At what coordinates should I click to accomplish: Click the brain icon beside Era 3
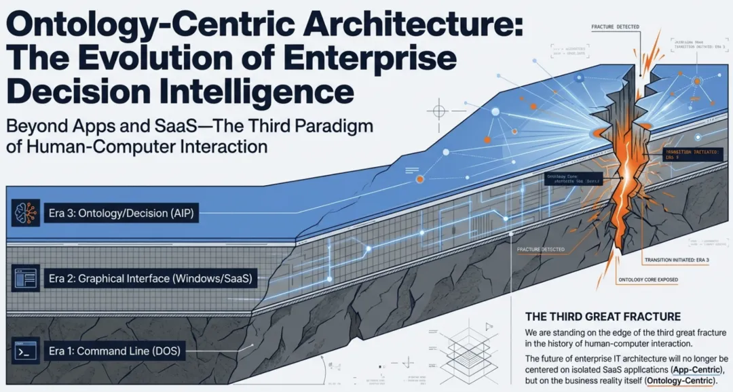22,213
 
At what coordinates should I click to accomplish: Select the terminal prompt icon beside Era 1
22,351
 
